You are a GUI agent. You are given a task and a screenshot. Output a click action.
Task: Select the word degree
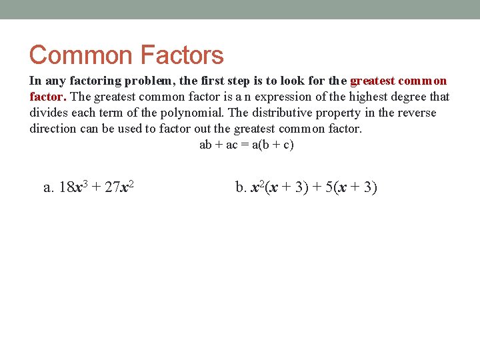413,97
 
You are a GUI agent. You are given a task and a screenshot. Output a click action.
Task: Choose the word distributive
283,113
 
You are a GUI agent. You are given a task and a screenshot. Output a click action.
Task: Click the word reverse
416,113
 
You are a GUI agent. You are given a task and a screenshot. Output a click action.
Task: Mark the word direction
53,129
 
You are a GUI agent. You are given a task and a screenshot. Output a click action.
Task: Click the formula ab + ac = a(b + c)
246,145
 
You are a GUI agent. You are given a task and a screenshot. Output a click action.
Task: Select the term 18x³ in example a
73,187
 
